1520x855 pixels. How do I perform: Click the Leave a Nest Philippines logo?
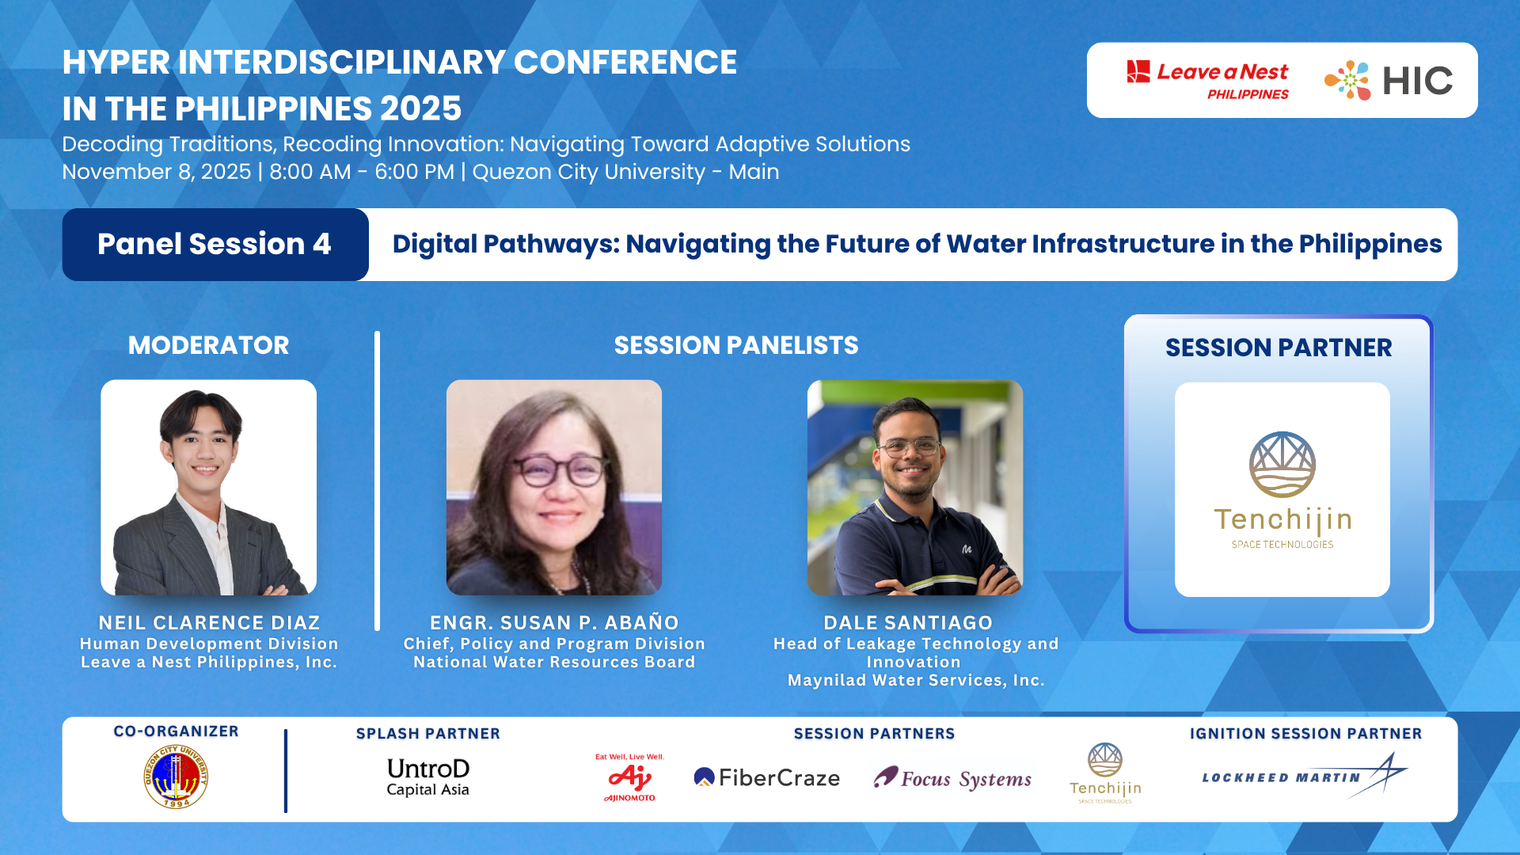point(1207,81)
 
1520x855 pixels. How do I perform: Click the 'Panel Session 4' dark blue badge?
point(215,244)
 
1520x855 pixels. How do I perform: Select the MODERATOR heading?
point(208,345)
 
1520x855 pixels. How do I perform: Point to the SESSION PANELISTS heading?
point(735,345)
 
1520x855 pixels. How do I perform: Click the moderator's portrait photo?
point(208,487)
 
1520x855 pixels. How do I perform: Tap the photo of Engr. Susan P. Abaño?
point(553,487)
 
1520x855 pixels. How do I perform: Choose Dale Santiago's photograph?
point(914,487)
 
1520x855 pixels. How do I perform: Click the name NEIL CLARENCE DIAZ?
point(209,623)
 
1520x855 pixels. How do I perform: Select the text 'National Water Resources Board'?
point(553,662)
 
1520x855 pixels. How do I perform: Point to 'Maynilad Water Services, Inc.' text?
point(915,680)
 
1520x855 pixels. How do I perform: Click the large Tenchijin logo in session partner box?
point(1282,489)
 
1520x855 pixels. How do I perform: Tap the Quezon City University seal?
point(176,777)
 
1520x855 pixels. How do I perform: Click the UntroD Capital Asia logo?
point(427,777)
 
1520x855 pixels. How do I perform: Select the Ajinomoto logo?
point(630,777)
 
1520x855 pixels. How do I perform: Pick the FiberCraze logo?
point(766,777)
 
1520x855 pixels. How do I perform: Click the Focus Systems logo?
point(952,778)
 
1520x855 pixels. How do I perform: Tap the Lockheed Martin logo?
point(1304,776)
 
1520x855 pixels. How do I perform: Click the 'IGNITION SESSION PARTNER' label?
point(1305,733)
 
